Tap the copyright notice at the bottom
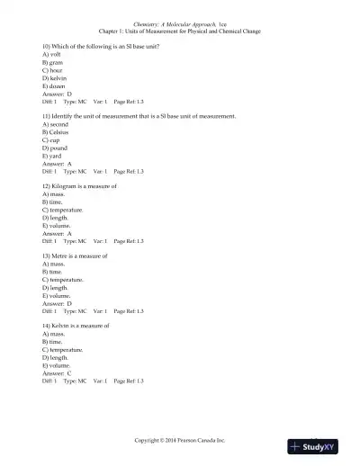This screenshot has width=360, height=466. (179, 440)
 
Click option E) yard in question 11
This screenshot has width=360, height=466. (53, 157)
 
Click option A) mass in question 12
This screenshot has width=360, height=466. (53, 193)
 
